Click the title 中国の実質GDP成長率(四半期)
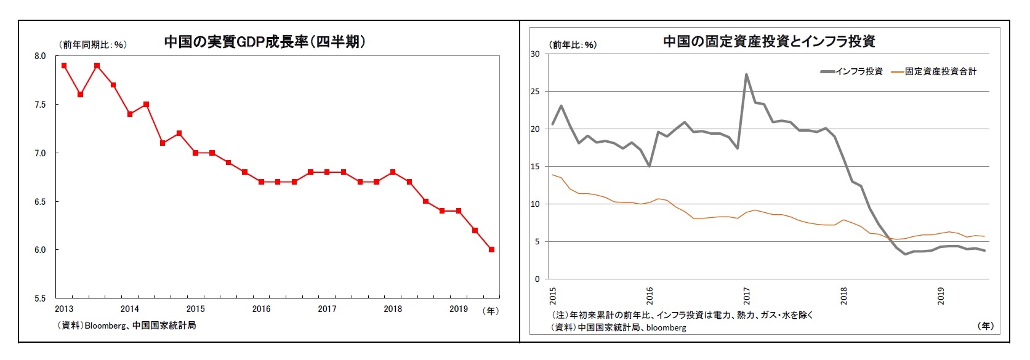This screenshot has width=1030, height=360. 265,42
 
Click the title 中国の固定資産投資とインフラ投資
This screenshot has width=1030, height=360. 769,41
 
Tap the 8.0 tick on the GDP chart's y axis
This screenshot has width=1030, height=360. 40,56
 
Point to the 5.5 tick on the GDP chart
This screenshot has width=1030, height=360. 40,298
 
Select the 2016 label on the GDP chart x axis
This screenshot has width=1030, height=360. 261,309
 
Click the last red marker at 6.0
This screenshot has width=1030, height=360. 491,250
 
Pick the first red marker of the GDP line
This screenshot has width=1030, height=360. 64,65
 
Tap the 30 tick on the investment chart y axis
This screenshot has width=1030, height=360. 535,54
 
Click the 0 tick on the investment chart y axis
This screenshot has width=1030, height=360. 537,279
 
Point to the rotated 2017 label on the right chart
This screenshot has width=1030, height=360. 746,295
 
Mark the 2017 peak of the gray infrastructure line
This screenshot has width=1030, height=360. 746,75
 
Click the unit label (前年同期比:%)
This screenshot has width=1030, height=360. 92,44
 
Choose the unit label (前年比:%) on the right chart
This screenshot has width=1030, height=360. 573,44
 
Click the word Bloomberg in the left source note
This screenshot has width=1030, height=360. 105,325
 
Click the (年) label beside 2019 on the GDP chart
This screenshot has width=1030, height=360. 491,310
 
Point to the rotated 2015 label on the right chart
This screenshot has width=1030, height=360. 552,295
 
